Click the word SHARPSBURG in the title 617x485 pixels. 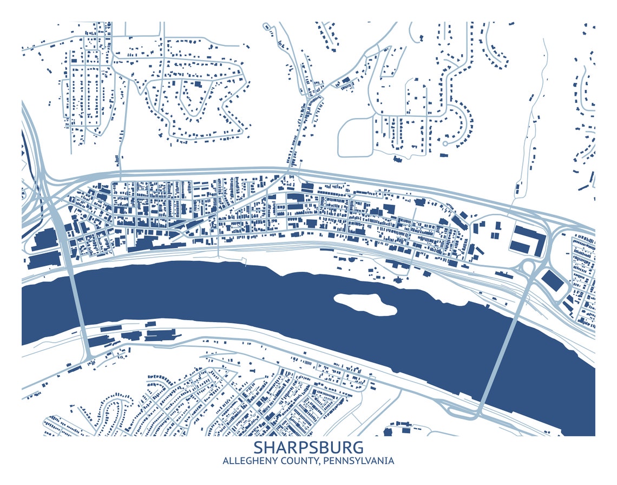coord(308,448)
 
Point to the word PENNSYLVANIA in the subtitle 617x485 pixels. coord(359,461)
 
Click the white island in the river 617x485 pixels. coord(365,303)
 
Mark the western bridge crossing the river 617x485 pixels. coord(78,309)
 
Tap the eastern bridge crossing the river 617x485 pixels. coord(503,346)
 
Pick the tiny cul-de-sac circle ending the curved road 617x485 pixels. coord(445,143)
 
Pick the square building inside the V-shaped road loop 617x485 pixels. coord(198,84)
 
